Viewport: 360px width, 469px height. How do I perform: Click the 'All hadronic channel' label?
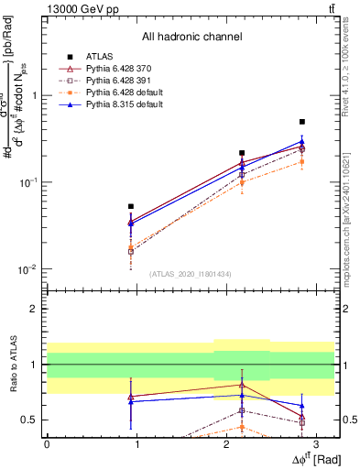click(191, 38)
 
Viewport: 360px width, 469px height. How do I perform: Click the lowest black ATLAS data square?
click(131, 207)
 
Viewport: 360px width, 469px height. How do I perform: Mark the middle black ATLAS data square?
click(242, 153)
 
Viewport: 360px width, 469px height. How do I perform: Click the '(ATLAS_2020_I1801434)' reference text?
click(190, 274)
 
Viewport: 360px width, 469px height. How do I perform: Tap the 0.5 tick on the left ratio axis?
click(31, 420)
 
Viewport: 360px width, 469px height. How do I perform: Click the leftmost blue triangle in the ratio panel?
click(131, 401)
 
